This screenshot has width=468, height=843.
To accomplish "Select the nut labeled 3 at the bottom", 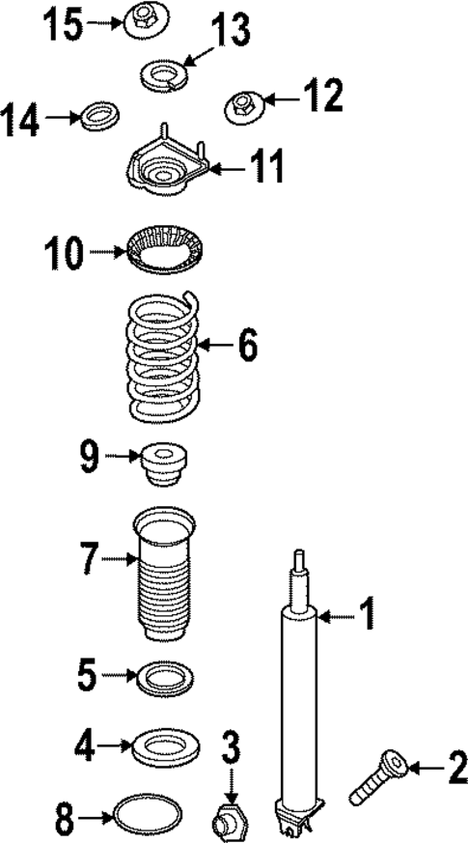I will (229, 822).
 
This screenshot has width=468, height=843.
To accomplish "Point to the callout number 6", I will (247, 345).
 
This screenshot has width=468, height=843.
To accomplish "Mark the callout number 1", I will (367, 611).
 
